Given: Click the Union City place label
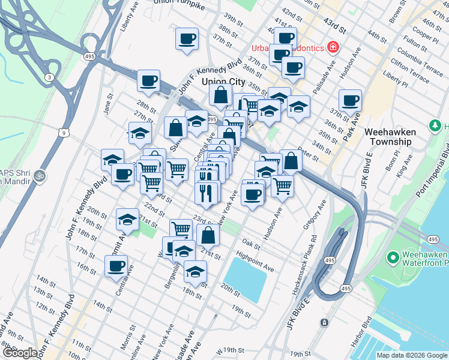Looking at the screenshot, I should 223,81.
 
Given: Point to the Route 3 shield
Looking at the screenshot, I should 48,77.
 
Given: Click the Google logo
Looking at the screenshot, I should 19,353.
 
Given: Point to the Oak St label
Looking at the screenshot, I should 250,244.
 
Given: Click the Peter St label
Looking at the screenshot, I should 310,157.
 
